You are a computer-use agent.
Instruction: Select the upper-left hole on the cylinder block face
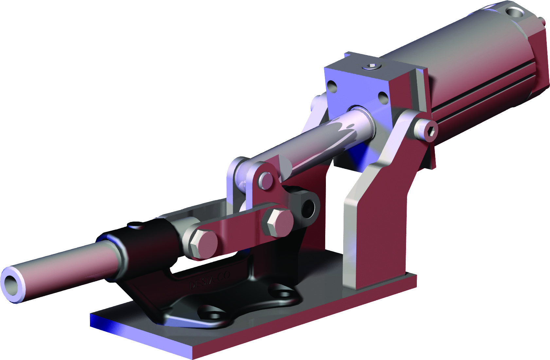click(332, 86)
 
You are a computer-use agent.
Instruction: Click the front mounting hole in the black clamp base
click(212, 316)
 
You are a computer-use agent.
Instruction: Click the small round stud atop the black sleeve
click(135, 225)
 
